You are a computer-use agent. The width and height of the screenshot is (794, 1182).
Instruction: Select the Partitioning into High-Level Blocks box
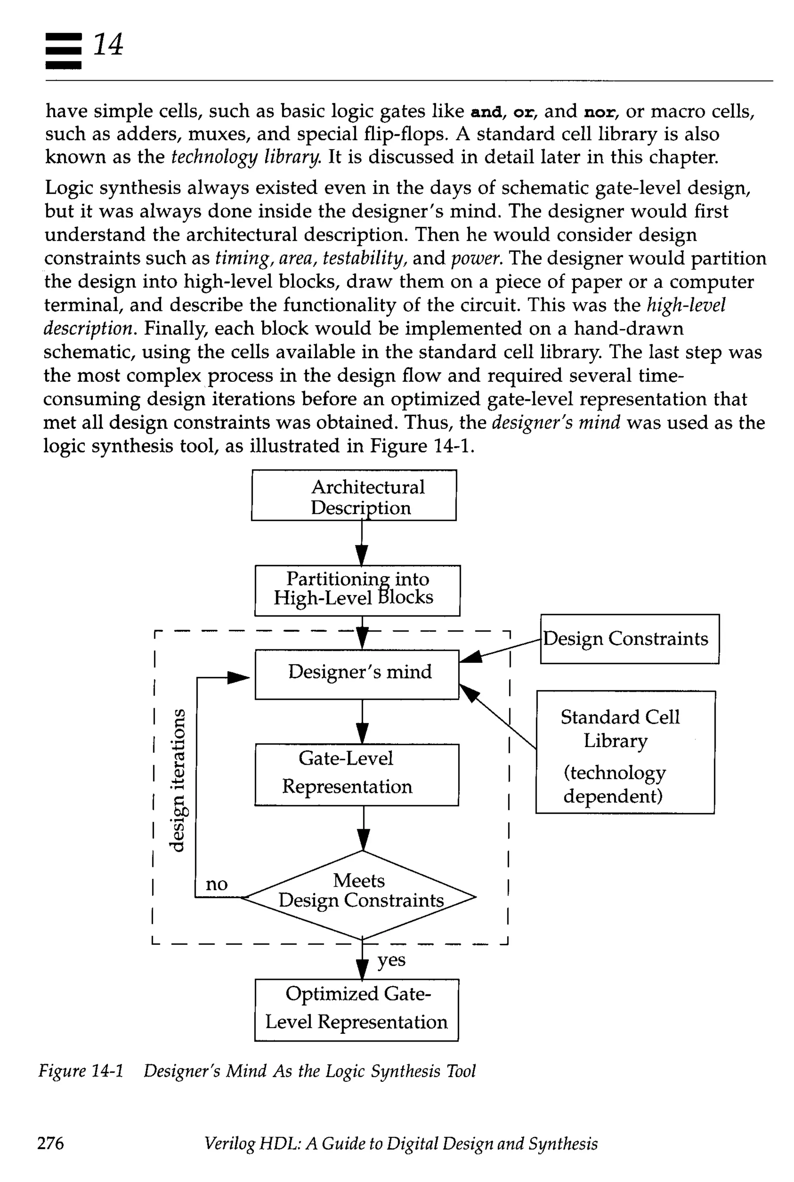(357, 590)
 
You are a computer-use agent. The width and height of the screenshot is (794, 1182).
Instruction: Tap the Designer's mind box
(357, 674)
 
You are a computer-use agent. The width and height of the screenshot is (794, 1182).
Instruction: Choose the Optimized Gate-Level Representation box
(357, 1010)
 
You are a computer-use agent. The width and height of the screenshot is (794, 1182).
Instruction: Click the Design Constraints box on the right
(630, 639)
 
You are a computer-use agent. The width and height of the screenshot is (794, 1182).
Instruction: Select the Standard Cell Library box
(625, 752)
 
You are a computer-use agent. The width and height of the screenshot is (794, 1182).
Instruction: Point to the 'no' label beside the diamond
(216, 884)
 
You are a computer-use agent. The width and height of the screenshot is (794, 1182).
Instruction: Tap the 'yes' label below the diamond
(392, 960)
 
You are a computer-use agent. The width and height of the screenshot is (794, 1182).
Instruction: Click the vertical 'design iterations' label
(177, 780)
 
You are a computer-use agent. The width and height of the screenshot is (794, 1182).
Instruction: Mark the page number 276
(51, 1143)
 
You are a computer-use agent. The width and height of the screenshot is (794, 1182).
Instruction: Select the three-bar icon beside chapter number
(63, 51)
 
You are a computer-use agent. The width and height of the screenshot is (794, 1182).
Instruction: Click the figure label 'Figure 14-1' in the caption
(81, 1071)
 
